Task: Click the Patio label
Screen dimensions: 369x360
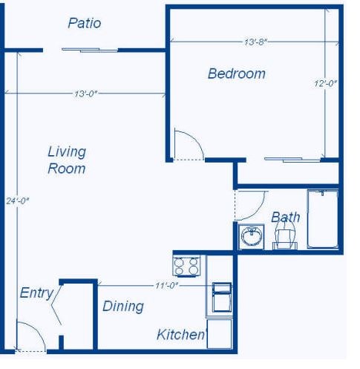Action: click(84, 23)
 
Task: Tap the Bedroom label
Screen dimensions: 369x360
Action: click(236, 74)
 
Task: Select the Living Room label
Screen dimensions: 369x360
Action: click(67, 160)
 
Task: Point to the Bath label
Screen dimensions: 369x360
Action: click(285, 217)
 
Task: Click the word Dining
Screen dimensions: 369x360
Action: click(122, 306)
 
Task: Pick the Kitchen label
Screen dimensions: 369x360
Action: click(180, 335)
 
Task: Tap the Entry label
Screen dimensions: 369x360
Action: click(36, 293)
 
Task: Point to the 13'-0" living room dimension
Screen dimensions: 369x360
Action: click(86, 94)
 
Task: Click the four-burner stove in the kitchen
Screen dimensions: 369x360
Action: click(187, 265)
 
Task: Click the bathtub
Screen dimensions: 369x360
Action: click(323, 219)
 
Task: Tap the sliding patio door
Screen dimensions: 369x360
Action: click(89, 50)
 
